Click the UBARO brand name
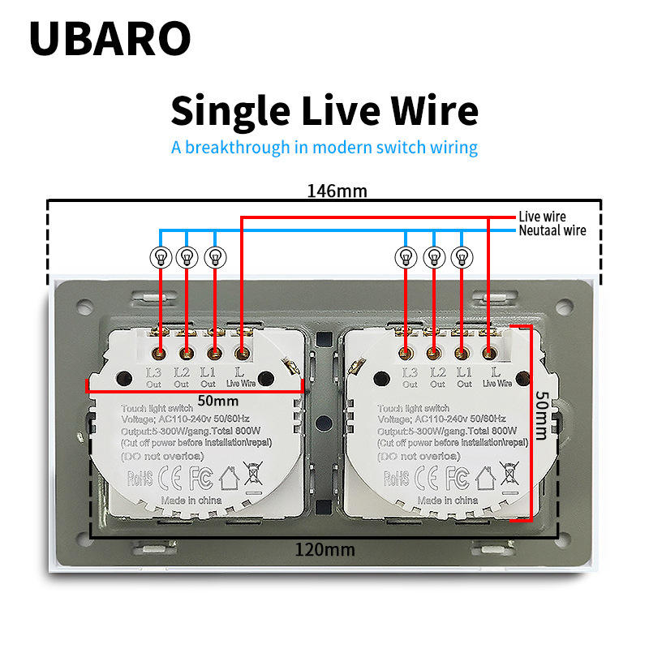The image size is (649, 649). [x=110, y=38]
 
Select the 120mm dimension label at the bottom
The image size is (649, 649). [x=324, y=549]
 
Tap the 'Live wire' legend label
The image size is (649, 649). [x=542, y=217]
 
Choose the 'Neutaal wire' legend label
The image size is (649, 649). [x=552, y=230]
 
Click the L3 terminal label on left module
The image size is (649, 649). [x=154, y=372]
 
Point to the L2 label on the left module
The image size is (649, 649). [x=183, y=372]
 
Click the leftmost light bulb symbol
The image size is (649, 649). [x=160, y=257]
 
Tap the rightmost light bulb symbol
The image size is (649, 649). [x=462, y=257]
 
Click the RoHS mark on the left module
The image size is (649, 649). [x=141, y=476]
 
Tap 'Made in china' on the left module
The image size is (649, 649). [x=191, y=501]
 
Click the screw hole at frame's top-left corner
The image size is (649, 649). [x=84, y=307]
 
